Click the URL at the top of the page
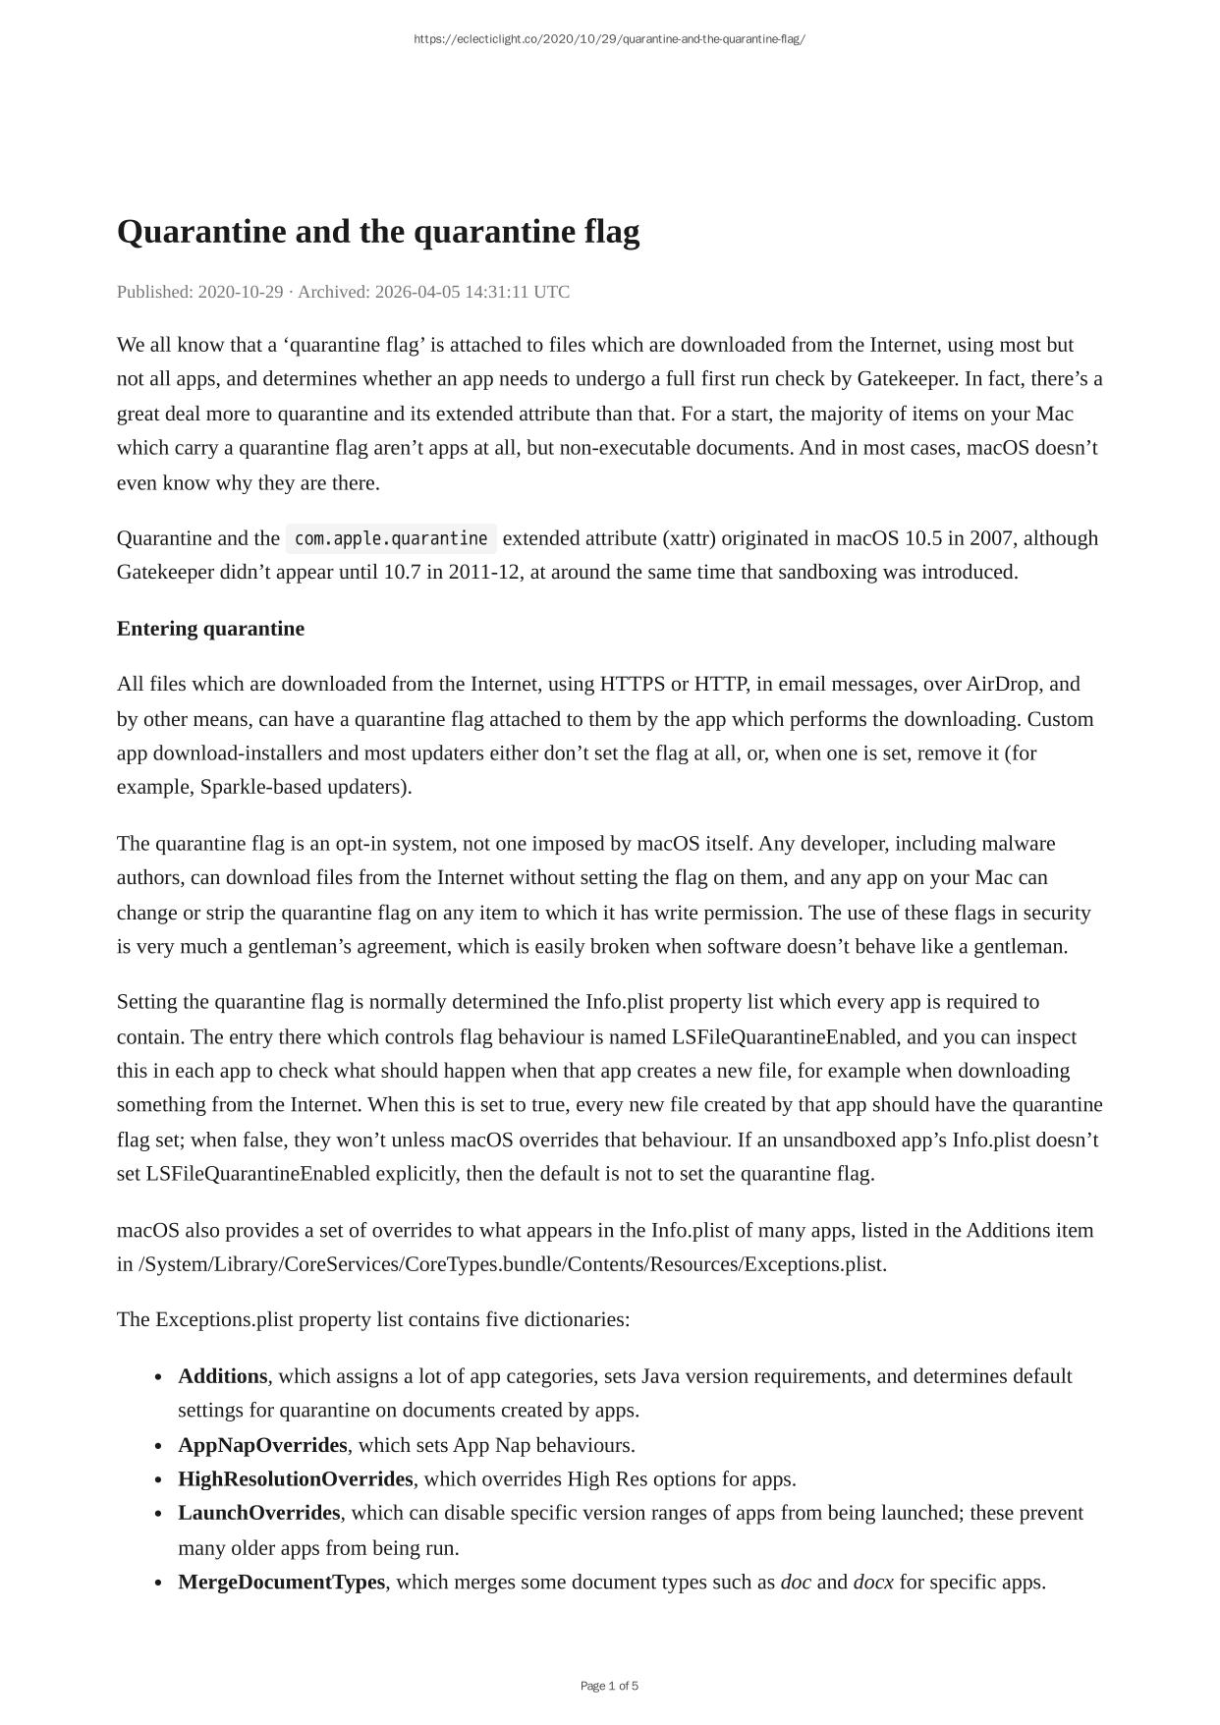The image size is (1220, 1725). coord(609,39)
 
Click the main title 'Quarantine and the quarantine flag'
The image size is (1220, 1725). coord(378,232)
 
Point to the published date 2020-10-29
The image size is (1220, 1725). coord(240,292)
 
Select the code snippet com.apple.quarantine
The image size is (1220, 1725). coord(391,538)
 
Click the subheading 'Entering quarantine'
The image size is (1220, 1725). coord(210,629)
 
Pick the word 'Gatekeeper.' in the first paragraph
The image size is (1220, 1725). coord(908,379)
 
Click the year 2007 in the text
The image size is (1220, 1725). coord(991,538)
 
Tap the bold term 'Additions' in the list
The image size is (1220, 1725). coord(223,1376)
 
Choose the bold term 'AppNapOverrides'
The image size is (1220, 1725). coord(262,1445)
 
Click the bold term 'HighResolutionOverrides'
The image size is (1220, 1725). coord(296,1479)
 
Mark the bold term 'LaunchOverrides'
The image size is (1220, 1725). coord(259,1513)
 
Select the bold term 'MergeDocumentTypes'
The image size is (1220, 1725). coord(282,1583)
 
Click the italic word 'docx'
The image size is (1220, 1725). coord(873,1583)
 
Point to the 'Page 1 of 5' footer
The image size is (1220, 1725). coord(609,1686)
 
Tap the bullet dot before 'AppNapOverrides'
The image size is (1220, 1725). coord(158,1446)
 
